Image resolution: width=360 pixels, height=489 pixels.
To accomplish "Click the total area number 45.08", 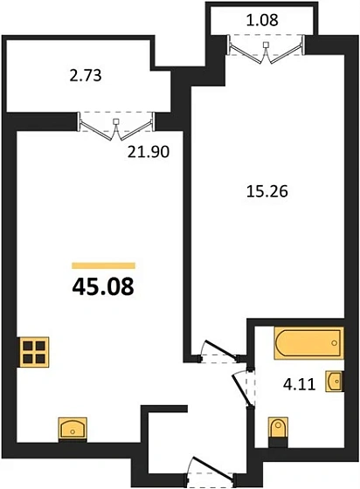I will [103, 287].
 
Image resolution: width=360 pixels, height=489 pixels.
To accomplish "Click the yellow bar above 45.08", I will [103, 264].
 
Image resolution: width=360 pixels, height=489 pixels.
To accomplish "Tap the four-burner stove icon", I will [36, 353].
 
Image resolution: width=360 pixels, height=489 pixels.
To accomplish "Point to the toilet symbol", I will [277, 430].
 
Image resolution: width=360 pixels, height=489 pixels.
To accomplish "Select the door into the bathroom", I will [243, 385].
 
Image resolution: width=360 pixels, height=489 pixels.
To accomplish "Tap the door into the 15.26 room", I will [216, 349].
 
